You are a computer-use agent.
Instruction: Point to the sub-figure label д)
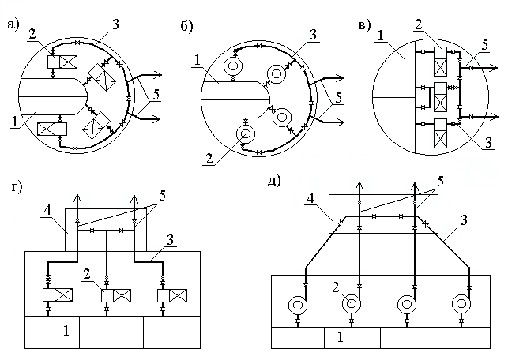(x=273, y=181)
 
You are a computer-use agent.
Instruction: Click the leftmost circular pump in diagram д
(x=297, y=303)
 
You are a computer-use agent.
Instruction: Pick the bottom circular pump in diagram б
(x=246, y=134)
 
